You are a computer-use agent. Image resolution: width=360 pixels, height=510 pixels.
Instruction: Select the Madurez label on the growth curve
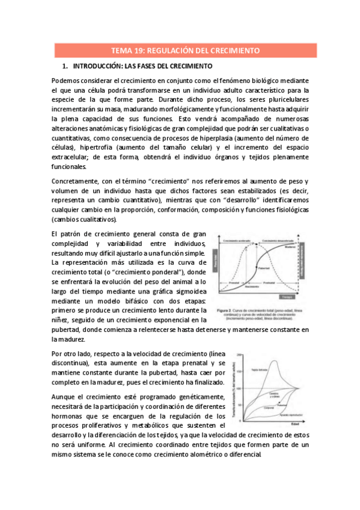(290, 246)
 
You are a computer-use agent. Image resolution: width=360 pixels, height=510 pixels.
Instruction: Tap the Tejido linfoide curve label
(260, 370)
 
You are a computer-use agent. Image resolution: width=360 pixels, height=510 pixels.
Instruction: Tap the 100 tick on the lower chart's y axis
(239, 388)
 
